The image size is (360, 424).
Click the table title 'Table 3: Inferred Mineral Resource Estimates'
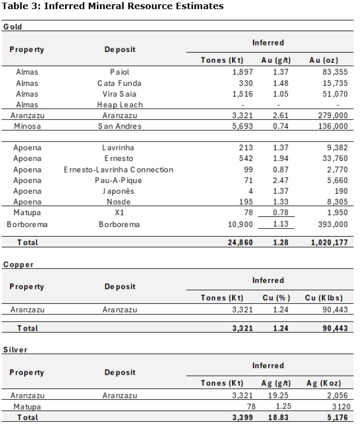(x=112, y=6)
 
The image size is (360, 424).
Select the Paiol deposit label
(x=119, y=72)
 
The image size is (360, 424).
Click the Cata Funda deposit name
(x=119, y=83)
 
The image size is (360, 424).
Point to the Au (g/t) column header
(x=276, y=60)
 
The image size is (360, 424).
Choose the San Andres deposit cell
(x=119, y=126)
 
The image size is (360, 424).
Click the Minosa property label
(x=27, y=126)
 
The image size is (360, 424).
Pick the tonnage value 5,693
(x=242, y=126)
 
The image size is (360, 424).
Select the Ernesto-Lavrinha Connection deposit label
(x=118, y=170)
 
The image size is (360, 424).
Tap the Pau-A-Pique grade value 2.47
(x=280, y=180)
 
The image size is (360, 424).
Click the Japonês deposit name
(x=119, y=191)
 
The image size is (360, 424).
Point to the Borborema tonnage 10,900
(x=239, y=224)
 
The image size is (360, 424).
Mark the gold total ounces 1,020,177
(x=329, y=243)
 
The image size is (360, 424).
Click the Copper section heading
(x=18, y=265)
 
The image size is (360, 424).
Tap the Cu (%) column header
(x=276, y=298)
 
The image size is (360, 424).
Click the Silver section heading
(x=15, y=350)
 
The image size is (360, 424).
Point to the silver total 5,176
(x=337, y=417)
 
